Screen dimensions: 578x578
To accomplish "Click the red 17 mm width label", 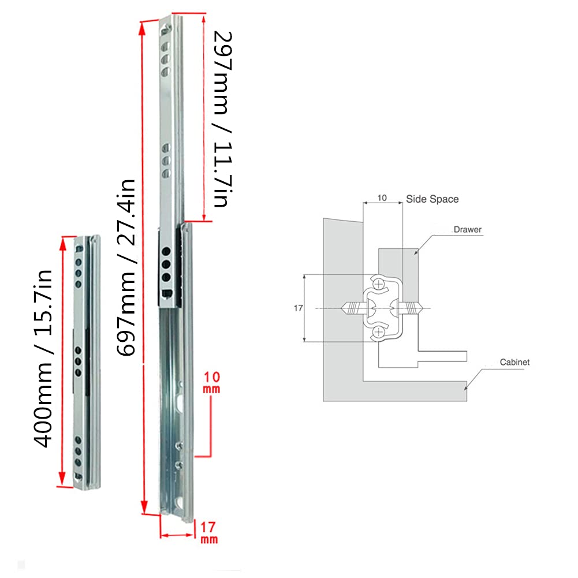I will point(208,532).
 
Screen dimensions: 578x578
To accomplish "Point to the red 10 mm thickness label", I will point(212,383).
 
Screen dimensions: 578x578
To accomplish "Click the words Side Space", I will point(432,199).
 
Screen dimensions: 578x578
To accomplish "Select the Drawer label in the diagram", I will point(467,229).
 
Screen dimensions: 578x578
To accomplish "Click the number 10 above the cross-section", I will point(382,198).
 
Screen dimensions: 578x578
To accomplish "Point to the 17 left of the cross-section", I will point(298,308).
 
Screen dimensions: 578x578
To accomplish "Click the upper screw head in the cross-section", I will point(378,284).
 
